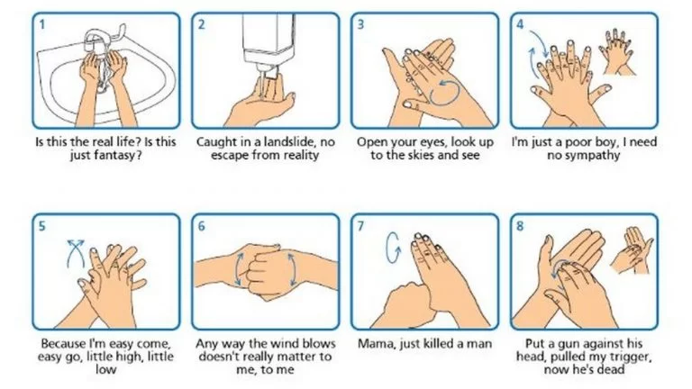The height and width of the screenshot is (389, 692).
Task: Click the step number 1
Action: (42, 23)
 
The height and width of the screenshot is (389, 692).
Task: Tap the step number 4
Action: (520, 23)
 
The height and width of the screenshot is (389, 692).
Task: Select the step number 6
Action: (201, 226)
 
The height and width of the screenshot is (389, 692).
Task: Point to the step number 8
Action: (520, 226)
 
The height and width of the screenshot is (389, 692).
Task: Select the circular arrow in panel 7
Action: (392, 248)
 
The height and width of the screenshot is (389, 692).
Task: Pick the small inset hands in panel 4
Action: (617, 50)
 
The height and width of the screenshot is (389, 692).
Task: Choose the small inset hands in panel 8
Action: (632, 249)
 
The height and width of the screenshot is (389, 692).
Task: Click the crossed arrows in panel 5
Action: (76, 253)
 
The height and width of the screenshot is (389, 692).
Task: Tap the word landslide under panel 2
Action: (287, 142)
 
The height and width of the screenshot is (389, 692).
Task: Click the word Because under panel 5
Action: (64, 343)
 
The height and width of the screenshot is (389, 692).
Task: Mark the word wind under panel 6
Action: (282, 343)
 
